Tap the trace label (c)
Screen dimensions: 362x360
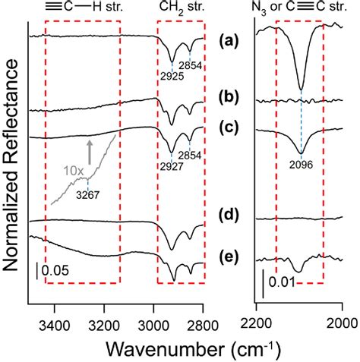click(x=231, y=128)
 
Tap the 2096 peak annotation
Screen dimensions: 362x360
click(x=301, y=162)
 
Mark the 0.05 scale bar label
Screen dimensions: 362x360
click(x=54, y=270)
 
